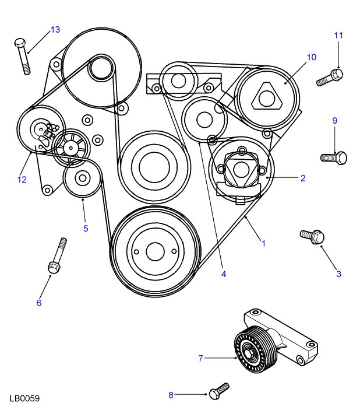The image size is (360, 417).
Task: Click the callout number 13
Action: [55, 29]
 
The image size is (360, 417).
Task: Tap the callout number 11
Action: [338, 36]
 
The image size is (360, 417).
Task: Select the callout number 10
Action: [311, 57]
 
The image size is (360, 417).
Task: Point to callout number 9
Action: [335, 121]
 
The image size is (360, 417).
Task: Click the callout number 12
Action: [22, 180]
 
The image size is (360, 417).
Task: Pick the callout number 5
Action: [86, 228]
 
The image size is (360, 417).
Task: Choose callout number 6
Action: [39, 303]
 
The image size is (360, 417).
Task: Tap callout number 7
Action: [200, 358]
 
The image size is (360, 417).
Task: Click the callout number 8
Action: [171, 395]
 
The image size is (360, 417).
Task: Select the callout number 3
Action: [338, 274]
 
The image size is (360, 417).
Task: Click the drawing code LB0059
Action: [24, 399]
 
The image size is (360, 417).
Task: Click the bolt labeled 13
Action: [23, 57]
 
